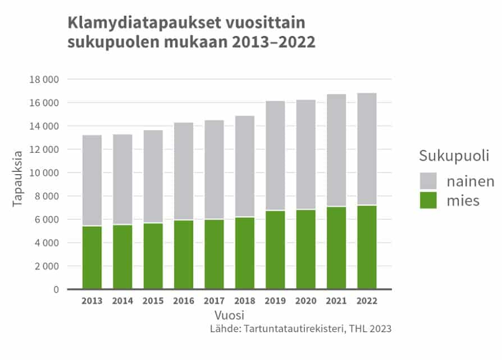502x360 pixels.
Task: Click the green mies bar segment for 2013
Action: tap(92, 258)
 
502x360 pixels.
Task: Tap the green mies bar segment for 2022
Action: tap(367, 247)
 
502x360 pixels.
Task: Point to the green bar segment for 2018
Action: tap(245, 253)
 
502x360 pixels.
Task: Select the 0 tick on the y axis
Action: tap(56, 290)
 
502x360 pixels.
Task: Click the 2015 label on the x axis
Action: tap(153, 301)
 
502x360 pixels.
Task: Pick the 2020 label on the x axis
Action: tap(306, 301)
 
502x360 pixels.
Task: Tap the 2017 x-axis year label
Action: tap(215, 301)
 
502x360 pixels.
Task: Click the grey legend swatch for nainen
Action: tap(428, 181)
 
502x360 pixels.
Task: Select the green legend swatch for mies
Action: tap(428, 200)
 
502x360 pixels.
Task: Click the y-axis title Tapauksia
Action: tap(17, 177)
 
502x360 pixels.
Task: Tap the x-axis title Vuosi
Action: tap(229, 315)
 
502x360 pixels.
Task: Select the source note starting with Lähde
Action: tap(300, 329)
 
